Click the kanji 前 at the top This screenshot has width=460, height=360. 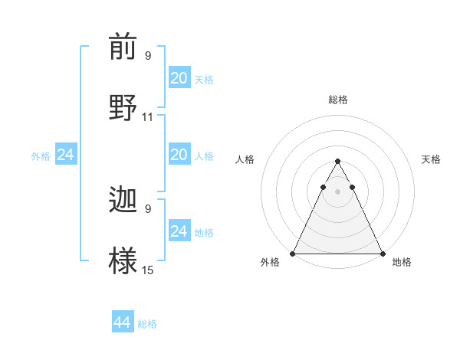coord(123,48)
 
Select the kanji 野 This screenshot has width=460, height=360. coord(123,106)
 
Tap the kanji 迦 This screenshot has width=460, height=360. coord(123,201)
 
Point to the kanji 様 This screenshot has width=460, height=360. coord(123,259)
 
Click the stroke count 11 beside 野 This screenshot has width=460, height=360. coord(148,117)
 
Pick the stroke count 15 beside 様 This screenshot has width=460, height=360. coord(148,270)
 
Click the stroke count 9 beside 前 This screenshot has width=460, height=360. coord(148,56)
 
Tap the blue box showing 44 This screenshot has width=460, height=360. coord(123,322)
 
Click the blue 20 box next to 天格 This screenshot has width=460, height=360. coord(179,78)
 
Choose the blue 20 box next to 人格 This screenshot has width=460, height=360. coord(179,155)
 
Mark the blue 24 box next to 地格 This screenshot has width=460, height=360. coord(179,231)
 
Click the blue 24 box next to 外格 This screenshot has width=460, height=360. coord(66,155)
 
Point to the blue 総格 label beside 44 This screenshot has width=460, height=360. coord(147,324)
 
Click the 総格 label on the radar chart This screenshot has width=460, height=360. coord(337,100)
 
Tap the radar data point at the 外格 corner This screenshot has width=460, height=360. coord(293,254)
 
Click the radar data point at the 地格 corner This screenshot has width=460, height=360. coord(382,254)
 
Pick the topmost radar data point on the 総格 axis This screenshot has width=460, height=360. coord(337,162)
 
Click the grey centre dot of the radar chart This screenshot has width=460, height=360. coord(337,191)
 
